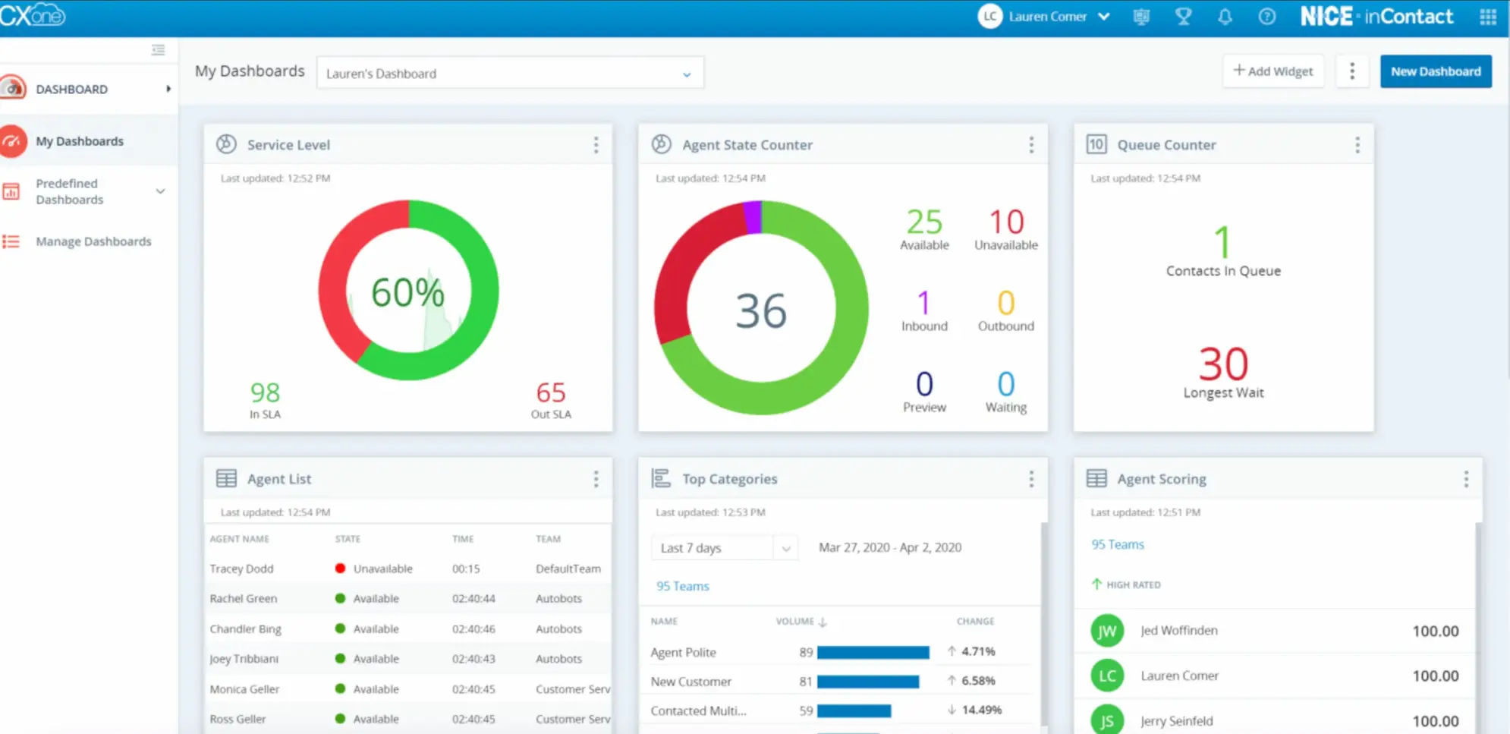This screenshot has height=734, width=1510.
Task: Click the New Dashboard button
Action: click(x=1435, y=71)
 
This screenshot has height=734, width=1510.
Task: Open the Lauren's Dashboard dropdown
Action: click(x=509, y=74)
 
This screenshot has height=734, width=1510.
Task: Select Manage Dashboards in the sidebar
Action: click(x=93, y=241)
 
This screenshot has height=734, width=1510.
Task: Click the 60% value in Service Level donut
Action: click(x=407, y=292)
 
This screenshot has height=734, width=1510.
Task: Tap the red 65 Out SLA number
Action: click(x=551, y=392)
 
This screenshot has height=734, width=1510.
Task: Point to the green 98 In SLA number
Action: click(x=265, y=392)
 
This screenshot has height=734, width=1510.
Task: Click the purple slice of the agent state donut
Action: click(x=753, y=216)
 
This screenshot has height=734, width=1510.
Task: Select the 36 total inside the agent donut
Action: click(x=761, y=310)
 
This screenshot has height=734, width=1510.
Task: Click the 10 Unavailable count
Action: click(x=1006, y=222)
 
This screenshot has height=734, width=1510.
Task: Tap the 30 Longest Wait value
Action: click(x=1223, y=364)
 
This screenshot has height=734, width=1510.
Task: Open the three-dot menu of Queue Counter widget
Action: click(x=1357, y=145)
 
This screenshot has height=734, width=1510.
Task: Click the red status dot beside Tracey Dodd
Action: click(x=340, y=569)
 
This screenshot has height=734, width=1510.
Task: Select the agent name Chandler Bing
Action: click(x=245, y=628)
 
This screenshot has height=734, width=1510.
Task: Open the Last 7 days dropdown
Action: click(x=723, y=548)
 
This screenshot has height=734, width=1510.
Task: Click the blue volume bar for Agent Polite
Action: click(x=873, y=652)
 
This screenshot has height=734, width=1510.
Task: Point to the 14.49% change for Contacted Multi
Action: click(x=981, y=710)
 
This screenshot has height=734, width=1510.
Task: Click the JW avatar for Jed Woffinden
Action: click(x=1107, y=631)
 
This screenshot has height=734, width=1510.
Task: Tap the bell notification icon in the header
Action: click(x=1225, y=17)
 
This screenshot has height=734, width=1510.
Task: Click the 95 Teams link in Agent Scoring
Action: click(x=1117, y=544)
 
